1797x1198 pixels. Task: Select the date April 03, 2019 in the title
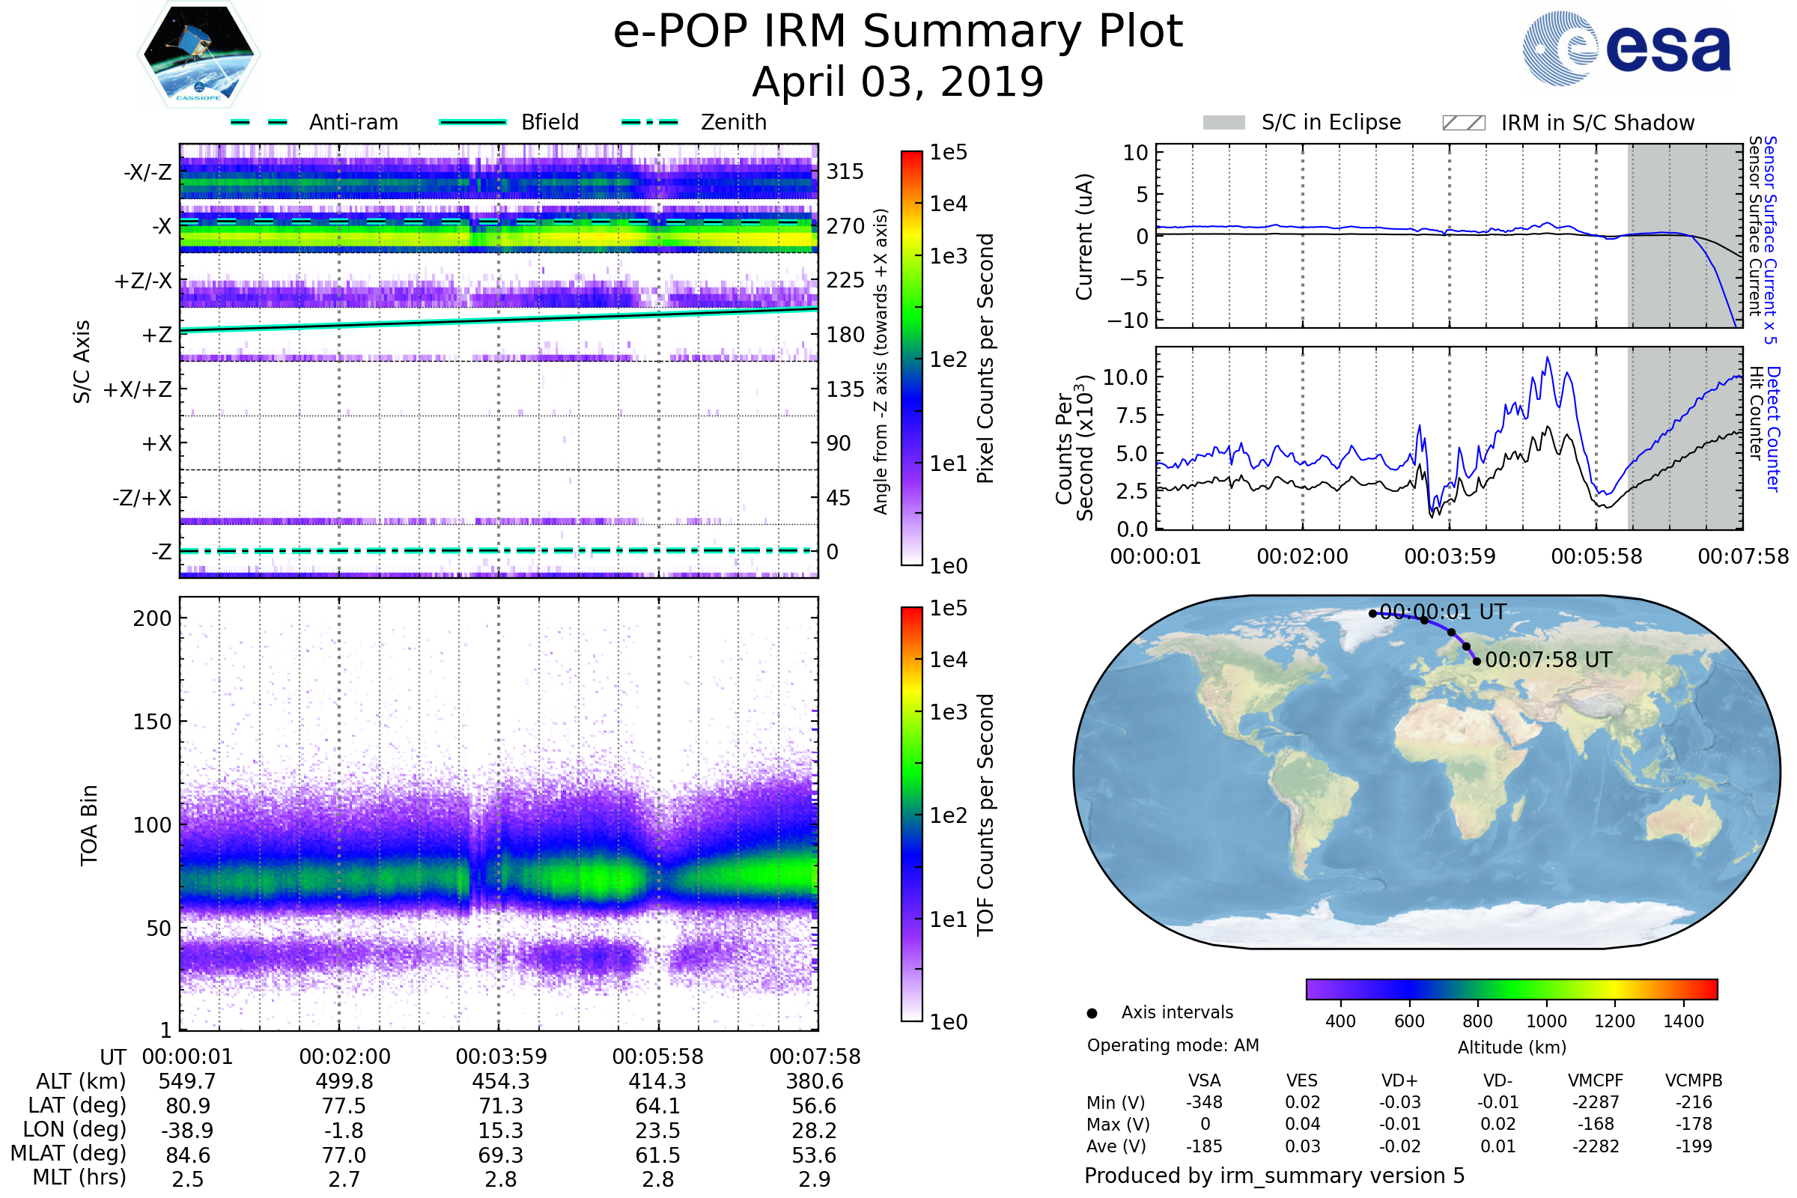(898, 82)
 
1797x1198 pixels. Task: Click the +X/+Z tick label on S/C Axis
(138, 389)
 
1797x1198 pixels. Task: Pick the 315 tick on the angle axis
(845, 171)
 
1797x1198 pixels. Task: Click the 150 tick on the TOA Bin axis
(152, 722)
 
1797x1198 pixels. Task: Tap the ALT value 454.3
(500, 1081)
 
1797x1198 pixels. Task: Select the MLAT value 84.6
(188, 1155)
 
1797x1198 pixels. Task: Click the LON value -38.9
(188, 1130)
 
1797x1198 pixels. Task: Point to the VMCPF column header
(1596, 1080)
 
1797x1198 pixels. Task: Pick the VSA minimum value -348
(1204, 1102)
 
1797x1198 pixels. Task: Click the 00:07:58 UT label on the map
(1548, 660)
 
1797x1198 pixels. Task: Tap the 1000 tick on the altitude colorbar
(1546, 1021)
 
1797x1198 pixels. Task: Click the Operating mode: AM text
(1173, 1045)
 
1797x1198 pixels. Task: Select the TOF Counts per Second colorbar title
(985, 815)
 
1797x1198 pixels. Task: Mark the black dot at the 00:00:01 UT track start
(1373, 613)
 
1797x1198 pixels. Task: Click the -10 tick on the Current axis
(1128, 320)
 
